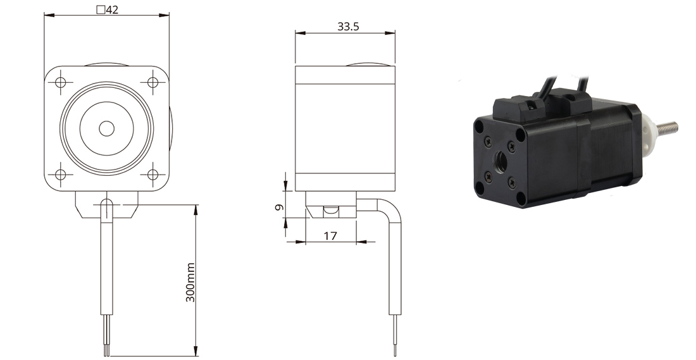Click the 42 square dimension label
point(108,9)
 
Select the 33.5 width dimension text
point(348,27)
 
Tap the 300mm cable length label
point(190,282)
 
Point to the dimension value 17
point(330,236)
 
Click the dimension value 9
point(279,207)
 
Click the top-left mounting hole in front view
point(61,82)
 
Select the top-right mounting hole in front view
point(152,82)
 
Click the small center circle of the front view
point(106,128)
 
